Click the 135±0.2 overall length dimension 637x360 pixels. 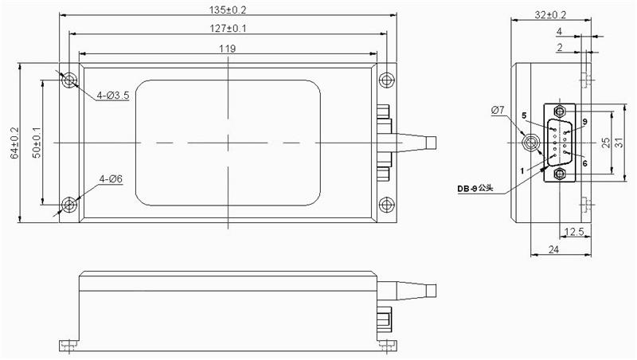pos(229,10)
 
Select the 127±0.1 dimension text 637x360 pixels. pos(229,29)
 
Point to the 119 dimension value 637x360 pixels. pos(229,49)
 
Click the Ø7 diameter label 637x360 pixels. pos(497,109)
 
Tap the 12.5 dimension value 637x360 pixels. pos(575,232)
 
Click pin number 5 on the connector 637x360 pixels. pos(524,116)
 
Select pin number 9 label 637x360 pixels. pos(584,121)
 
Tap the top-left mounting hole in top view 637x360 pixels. pos(70,80)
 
